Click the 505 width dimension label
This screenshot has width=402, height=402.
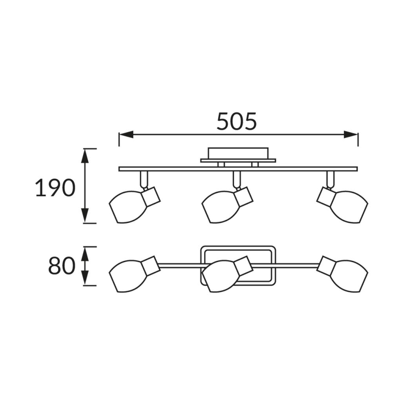click(236, 121)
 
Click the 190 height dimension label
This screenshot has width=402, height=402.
click(55, 188)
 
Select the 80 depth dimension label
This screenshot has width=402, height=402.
click(62, 266)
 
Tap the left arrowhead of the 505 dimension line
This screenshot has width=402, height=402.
click(126, 134)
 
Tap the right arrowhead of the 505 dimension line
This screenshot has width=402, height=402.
click(351, 134)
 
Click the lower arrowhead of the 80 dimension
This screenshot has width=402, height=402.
click(85, 278)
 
